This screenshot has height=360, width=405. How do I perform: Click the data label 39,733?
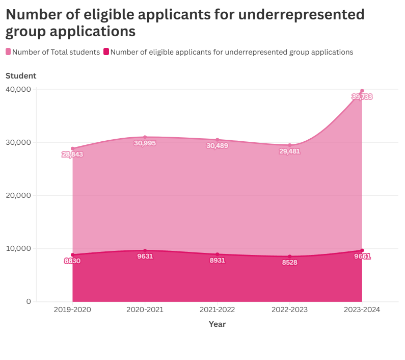click(x=362, y=96)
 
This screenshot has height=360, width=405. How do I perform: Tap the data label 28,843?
click(x=72, y=154)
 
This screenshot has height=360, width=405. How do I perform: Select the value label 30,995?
click(x=145, y=143)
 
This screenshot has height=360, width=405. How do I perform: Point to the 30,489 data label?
click(x=217, y=146)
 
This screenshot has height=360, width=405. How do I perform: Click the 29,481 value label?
click(x=289, y=151)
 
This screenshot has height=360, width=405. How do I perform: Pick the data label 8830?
click(x=72, y=261)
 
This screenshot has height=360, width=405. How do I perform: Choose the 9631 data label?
click(x=145, y=256)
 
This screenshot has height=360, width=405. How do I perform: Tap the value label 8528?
click(x=289, y=263)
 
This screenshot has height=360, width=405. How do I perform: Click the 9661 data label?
click(x=362, y=256)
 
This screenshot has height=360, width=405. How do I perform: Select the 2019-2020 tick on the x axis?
click(x=72, y=310)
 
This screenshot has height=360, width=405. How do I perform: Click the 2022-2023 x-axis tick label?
click(x=289, y=310)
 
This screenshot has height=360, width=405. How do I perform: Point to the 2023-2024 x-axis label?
click(x=362, y=310)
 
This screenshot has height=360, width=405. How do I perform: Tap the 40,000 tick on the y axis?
click(x=18, y=89)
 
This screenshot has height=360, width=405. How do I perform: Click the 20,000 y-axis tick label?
click(x=18, y=195)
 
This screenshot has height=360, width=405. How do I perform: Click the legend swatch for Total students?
click(x=8, y=52)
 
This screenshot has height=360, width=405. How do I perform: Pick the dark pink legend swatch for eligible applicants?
click(x=106, y=52)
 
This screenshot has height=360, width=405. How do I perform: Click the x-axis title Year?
click(x=217, y=324)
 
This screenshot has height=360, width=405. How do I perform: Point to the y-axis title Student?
click(x=21, y=76)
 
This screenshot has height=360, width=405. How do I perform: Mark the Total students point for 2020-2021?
click(x=145, y=137)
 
